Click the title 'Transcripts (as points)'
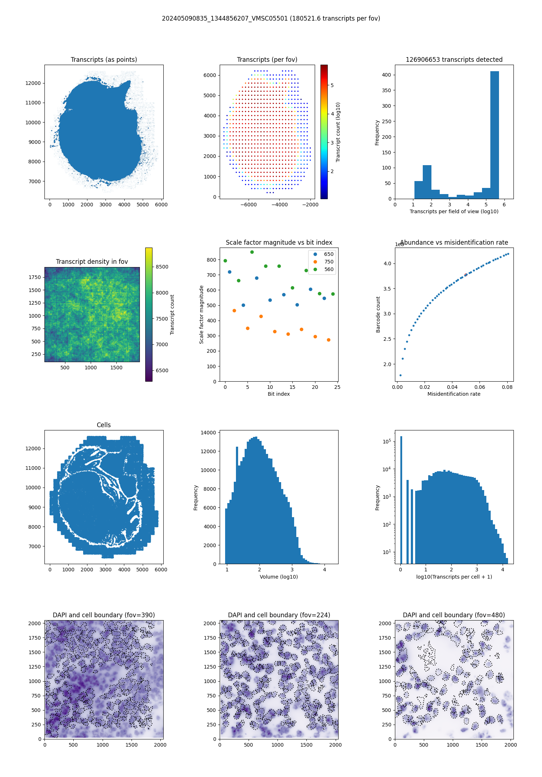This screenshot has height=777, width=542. (x=104, y=60)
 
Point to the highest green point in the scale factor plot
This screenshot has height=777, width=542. (x=252, y=252)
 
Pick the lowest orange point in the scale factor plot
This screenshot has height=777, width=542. (x=328, y=340)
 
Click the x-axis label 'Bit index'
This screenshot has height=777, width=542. (x=279, y=394)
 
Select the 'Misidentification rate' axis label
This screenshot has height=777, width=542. (x=454, y=394)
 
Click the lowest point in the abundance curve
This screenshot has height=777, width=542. (x=400, y=375)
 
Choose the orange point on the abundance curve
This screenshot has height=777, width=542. (x=466, y=275)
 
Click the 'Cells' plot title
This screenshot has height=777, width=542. (x=104, y=425)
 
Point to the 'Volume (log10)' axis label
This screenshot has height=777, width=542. (x=279, y=577)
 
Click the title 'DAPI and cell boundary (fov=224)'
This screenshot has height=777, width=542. (x=279, y=615)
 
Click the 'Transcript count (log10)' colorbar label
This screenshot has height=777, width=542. (x=338, y=132)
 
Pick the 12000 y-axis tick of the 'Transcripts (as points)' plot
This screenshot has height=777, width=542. (x=33, y=83)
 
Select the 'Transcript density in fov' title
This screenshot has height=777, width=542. (x=92, y=262)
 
